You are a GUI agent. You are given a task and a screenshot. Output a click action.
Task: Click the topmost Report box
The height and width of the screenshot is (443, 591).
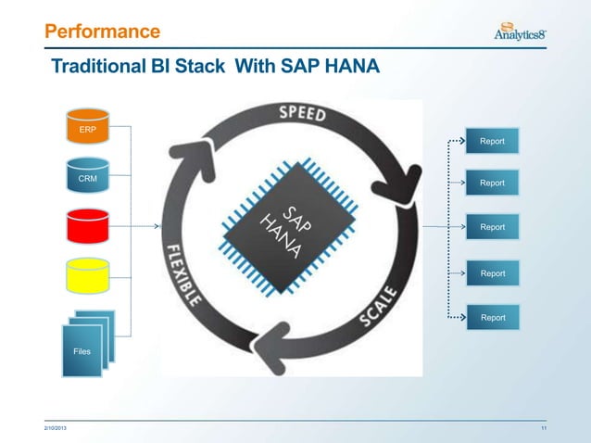click(491, 141)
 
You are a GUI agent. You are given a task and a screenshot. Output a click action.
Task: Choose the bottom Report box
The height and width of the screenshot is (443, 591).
click(491, 317)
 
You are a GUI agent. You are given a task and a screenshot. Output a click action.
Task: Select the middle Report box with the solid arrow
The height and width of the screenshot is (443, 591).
click(491, 227)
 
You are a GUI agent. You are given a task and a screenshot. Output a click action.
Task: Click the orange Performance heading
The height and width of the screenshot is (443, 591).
click(102, 32)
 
